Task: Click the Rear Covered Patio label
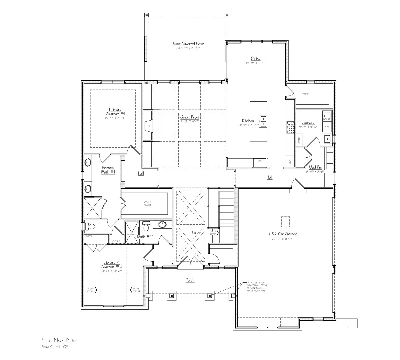pos(188,44)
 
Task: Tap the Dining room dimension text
pos(256,63)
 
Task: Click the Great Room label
pos(190,117)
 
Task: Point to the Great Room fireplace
pos(148,126)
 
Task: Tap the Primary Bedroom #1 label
pos(115,111)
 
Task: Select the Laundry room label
pos(308,123)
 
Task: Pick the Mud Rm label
pos(315,167)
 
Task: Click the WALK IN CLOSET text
pos(147,203)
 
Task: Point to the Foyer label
pos(196,233)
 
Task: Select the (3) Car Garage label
pos(283,234)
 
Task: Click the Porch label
pos(190,280)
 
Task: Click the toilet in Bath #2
pos(146,228)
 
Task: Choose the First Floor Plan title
pos(59,340)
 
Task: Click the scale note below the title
pos(55,347)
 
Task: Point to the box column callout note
pos(255,286)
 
